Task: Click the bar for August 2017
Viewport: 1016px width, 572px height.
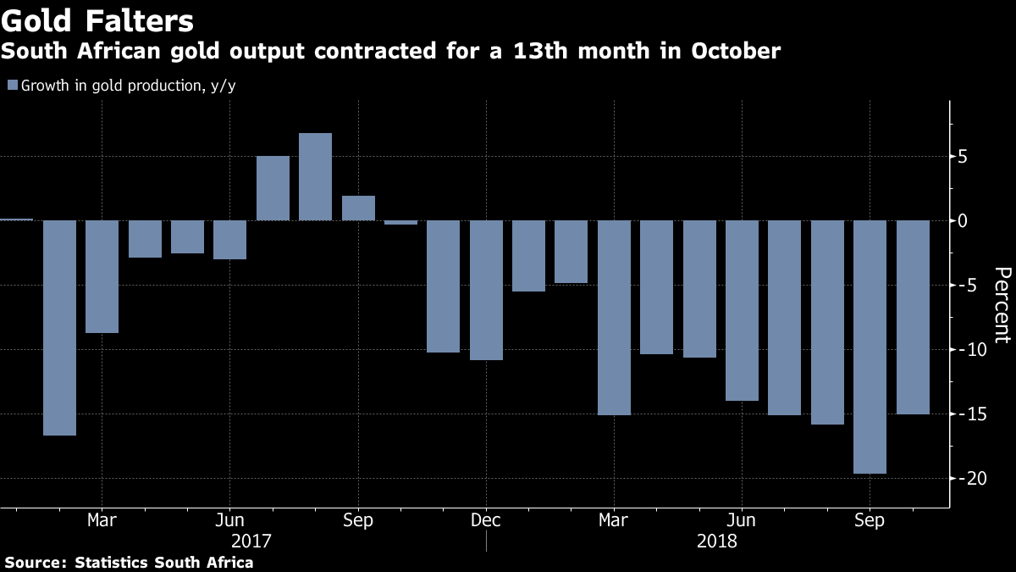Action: point(315,177)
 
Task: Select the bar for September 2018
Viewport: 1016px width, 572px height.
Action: point(870,347)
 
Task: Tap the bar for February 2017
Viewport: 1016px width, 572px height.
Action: point(60,328)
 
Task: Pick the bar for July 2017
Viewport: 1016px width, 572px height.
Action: point(273,188)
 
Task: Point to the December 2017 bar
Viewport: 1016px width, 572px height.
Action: point(486,290)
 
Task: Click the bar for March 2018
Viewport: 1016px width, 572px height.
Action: point(614,318)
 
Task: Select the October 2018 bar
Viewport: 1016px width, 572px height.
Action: point(913,317)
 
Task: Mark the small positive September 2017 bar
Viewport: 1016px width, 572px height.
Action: point(358,208)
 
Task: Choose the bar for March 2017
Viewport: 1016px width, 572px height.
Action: point(102,276)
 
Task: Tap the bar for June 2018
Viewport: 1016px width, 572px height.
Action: point(742,310)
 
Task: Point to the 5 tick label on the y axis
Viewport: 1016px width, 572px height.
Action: point(964,157)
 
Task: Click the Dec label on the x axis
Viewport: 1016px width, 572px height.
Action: point(486,519)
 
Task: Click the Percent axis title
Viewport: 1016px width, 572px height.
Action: point(1002,305)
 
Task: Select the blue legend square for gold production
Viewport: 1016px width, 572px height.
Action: point(12,85)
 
